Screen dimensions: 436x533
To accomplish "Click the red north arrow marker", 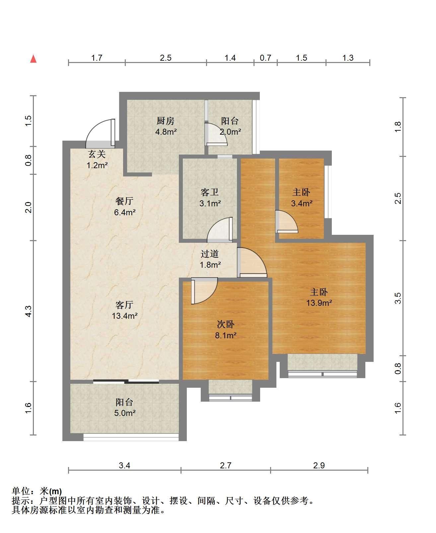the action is pyautogui.click(x=34, y=59).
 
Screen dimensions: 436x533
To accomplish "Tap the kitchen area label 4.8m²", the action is pyautogui.click(x=166, y=132).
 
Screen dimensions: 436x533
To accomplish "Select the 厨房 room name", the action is pyautogui.click(x=165, y=121).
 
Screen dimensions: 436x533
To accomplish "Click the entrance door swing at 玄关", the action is pyautogui.click(x=100, y=134).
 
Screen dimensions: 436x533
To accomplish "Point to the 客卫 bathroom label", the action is pyautogui.click(x=210, y=192).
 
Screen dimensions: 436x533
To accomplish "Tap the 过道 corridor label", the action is pyautogui.click(x=210, y=254).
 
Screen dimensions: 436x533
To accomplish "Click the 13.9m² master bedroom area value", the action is pyautogui.click(x=319, y=303).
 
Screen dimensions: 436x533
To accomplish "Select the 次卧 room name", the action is pyautogui.click(x=226, y=324).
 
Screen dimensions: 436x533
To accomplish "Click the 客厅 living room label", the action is pyautogui.click(x=124, y=305).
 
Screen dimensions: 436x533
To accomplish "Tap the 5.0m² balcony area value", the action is pyautogui.click(x=125, y=413).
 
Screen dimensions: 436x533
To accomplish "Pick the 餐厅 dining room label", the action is pyautogui.click(x=124, y=201).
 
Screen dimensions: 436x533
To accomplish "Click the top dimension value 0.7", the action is pyautogui.click(x=265, y=58).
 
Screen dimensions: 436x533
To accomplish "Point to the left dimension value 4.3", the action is pyautogui.click(x=28, y=311).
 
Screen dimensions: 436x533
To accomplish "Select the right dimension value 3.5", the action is pyautogui.click(x=398, y=298).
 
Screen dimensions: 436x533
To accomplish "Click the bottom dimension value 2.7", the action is pyautogui.click(x=225, y=466).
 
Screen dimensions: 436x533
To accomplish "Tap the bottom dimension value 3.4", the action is pyautogui.click(x=124, y=466).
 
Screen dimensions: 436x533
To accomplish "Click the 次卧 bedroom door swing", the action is pyautogui.click(x=204, y=291).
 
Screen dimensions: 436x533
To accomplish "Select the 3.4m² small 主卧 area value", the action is pyautogui.click(x=302, y=203).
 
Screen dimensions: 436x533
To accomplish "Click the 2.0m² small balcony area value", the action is pyautogui.click(x=230, y=132).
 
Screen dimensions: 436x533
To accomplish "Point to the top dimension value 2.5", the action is pyautogui.click(x=166, y=58).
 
